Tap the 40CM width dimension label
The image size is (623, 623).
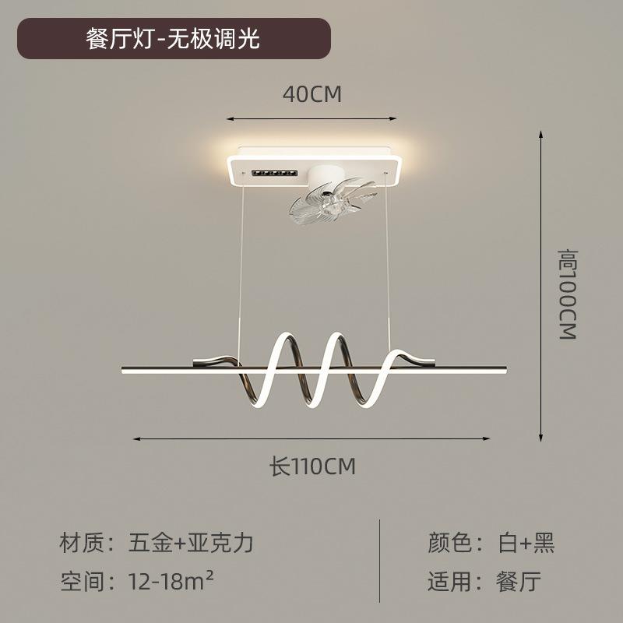311,94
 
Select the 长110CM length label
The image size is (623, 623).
312,467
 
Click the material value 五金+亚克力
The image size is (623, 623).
190,543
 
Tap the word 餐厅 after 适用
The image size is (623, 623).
519,581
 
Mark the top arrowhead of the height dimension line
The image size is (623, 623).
542,134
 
